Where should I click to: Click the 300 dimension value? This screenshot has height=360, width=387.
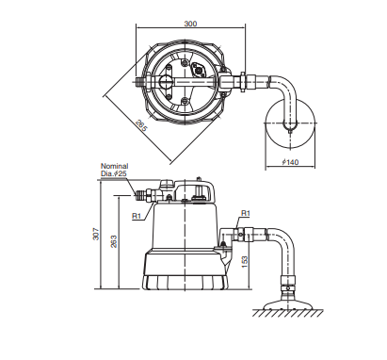(190, 24)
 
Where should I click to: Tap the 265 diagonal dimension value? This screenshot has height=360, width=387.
(141, 126)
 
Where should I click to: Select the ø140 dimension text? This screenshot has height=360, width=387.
(290, 162)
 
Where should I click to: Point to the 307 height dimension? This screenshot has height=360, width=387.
(96, 234)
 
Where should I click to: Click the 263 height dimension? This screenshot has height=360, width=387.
(114, 241)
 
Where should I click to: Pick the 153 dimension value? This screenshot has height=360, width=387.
(245, 262)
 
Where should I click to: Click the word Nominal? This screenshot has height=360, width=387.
(114, 166)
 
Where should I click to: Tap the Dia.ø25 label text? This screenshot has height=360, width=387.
(114, 173)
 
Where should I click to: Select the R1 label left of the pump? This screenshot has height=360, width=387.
(137, 216)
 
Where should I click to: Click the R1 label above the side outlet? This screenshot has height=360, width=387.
(246, 213)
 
